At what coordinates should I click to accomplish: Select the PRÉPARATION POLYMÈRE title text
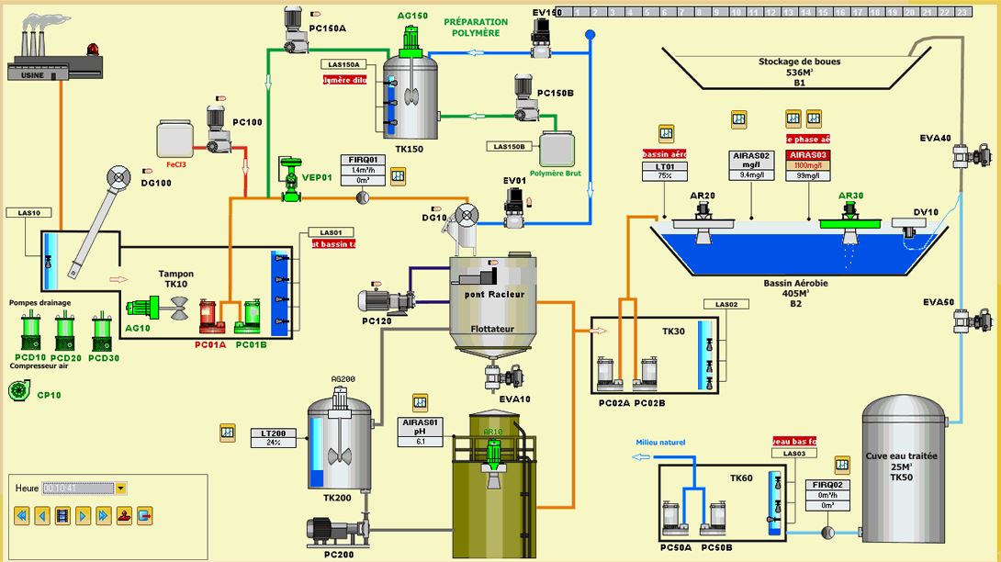(475, 28)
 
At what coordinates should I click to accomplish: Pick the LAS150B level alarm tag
(510, 147)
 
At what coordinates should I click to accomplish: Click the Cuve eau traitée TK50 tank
(902, 468)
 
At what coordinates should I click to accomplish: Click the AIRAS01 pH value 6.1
(420, 441)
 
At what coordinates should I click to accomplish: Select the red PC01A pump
(210, 318)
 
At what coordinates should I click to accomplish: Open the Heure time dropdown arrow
(120, 489)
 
